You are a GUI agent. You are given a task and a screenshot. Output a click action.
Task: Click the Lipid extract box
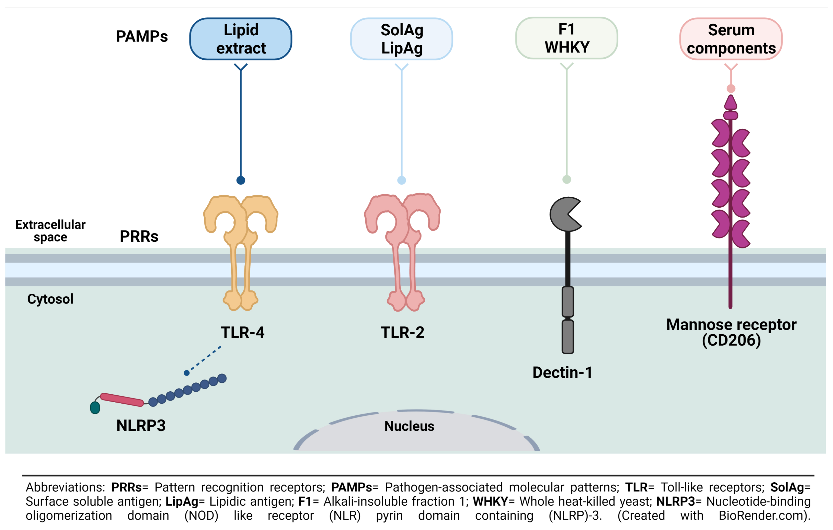241,39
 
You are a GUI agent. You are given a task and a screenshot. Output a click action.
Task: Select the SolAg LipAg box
401,39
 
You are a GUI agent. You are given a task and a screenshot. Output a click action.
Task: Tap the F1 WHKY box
566,38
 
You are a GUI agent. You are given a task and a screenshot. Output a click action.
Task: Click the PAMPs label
142,36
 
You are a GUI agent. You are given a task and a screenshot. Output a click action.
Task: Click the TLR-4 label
243,332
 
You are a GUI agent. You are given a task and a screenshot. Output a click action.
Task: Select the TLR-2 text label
402,332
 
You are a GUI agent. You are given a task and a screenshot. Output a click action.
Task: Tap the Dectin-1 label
562,372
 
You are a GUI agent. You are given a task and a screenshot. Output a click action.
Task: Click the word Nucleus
409,426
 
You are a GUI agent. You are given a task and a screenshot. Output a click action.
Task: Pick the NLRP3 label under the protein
141,425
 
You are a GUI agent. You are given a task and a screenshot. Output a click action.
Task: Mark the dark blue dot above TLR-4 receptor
241,180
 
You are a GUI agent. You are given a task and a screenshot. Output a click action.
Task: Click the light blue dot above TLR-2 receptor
401,180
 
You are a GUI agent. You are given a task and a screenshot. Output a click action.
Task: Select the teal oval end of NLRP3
95,407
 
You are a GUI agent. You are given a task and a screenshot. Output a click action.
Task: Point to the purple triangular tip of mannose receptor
730,103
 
